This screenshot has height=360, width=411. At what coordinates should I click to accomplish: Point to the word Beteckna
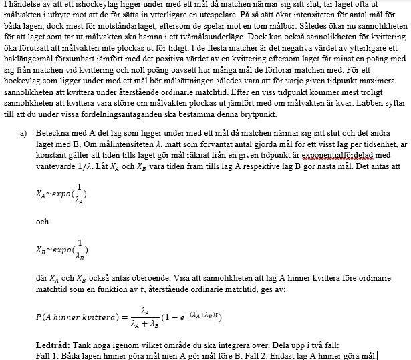(52, 134)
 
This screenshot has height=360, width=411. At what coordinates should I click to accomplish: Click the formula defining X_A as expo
(61, 194)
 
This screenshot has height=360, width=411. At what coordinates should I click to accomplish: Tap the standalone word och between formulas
(42, 222)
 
